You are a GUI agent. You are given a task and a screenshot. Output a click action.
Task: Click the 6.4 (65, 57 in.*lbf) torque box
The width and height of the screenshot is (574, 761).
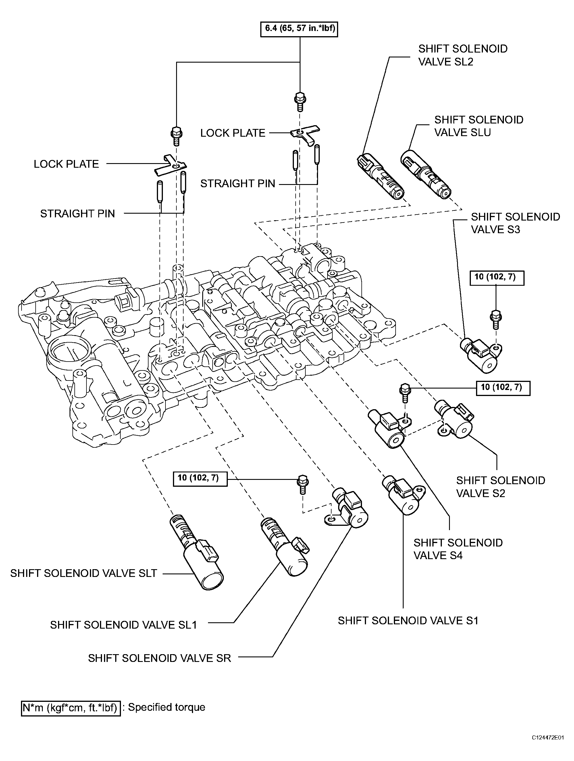(299, 28)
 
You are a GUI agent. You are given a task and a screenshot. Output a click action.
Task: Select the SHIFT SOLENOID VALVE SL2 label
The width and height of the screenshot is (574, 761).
(463, 55)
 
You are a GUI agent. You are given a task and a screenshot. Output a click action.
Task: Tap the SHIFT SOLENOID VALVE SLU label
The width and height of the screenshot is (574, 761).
(479, 126)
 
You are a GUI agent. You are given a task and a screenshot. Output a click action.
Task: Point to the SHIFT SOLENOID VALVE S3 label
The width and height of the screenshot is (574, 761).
(515, 223)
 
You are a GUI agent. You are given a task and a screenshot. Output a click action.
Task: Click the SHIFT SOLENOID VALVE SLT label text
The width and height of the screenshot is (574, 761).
(84, 573)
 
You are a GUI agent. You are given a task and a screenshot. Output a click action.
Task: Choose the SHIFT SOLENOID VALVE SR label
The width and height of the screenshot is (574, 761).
(159, 658)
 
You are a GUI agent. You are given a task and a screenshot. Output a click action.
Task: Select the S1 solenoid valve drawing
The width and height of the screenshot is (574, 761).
(401, 495)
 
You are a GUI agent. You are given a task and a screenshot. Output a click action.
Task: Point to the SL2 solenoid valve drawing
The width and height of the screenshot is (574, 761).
(380, 176)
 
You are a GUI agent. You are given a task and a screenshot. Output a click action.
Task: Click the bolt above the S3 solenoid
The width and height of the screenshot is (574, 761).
(496, 320)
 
